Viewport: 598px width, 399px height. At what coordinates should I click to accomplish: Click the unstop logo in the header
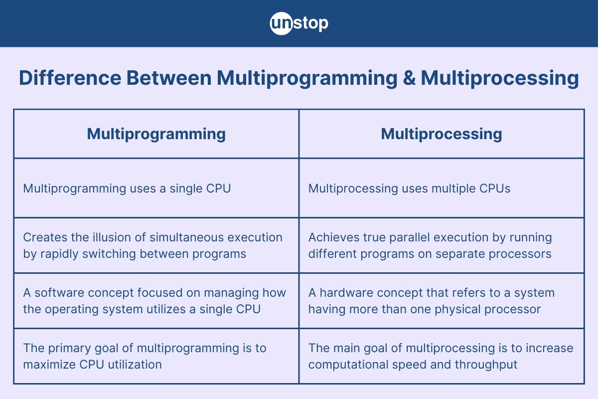(299, 23)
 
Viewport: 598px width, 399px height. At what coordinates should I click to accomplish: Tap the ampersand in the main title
(409, 78)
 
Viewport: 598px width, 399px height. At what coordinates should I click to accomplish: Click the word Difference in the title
(70, 78)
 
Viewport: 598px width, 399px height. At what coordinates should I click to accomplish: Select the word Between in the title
(169, 78)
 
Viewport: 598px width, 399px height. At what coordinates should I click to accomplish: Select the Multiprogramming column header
(156, 134)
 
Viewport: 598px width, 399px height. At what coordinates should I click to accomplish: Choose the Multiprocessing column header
(442, 134)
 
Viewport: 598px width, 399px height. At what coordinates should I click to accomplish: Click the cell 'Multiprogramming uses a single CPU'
(127, 189)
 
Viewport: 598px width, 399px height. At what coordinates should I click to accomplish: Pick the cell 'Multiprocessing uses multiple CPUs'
(409, 189)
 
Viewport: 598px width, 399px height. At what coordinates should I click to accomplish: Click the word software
(59, 293)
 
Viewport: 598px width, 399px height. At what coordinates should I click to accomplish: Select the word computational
(348, 365)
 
